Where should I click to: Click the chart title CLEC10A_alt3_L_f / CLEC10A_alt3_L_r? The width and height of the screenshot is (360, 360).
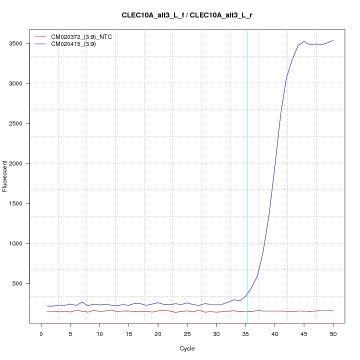187,15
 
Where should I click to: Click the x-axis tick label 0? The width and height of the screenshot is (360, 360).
41,333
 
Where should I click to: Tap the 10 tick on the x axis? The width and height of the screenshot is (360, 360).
99,333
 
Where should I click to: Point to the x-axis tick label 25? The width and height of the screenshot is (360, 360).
187,333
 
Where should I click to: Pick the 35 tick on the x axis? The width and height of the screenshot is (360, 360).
245,333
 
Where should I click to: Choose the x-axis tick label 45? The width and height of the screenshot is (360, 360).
304,333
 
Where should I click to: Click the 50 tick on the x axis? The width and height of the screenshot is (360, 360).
333,333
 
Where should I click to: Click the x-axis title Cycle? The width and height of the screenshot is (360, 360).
187,348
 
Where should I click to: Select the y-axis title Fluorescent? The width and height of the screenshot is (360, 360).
5,176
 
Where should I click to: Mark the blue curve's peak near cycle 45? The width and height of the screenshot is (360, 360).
304,41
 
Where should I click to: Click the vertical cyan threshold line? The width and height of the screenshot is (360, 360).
247,150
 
